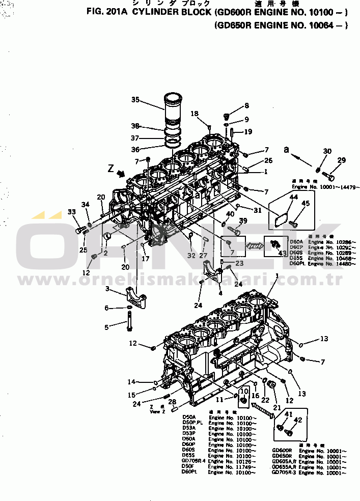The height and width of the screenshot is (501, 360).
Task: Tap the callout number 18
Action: coord(195,114)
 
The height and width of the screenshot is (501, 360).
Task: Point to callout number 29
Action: coord(341,160)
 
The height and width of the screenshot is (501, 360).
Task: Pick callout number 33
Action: coord(72,212)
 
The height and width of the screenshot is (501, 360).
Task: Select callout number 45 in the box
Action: coord(306,204)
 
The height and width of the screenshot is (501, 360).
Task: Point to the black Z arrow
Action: coord(120,174)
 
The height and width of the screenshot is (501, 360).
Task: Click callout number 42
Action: coord(298,421)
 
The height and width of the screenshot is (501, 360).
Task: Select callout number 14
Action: coord(131,382)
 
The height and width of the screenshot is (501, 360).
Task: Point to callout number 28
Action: coord(172,402)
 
